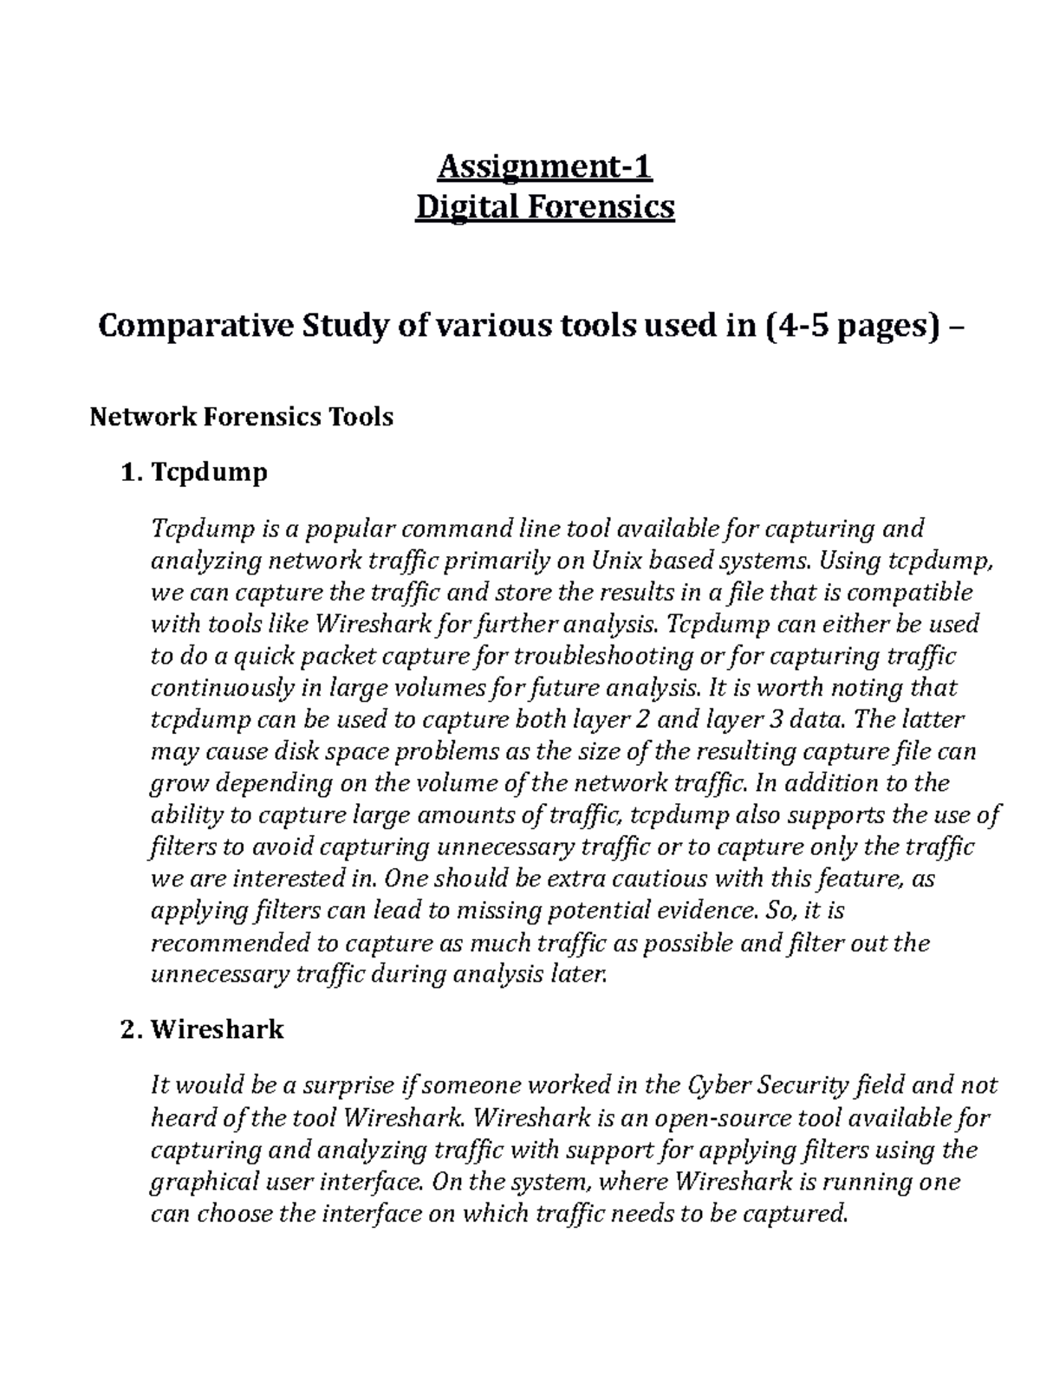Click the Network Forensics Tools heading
[242, 417]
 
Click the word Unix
[618, 561]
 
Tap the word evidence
[700, 911]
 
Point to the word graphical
[205, 1182]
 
